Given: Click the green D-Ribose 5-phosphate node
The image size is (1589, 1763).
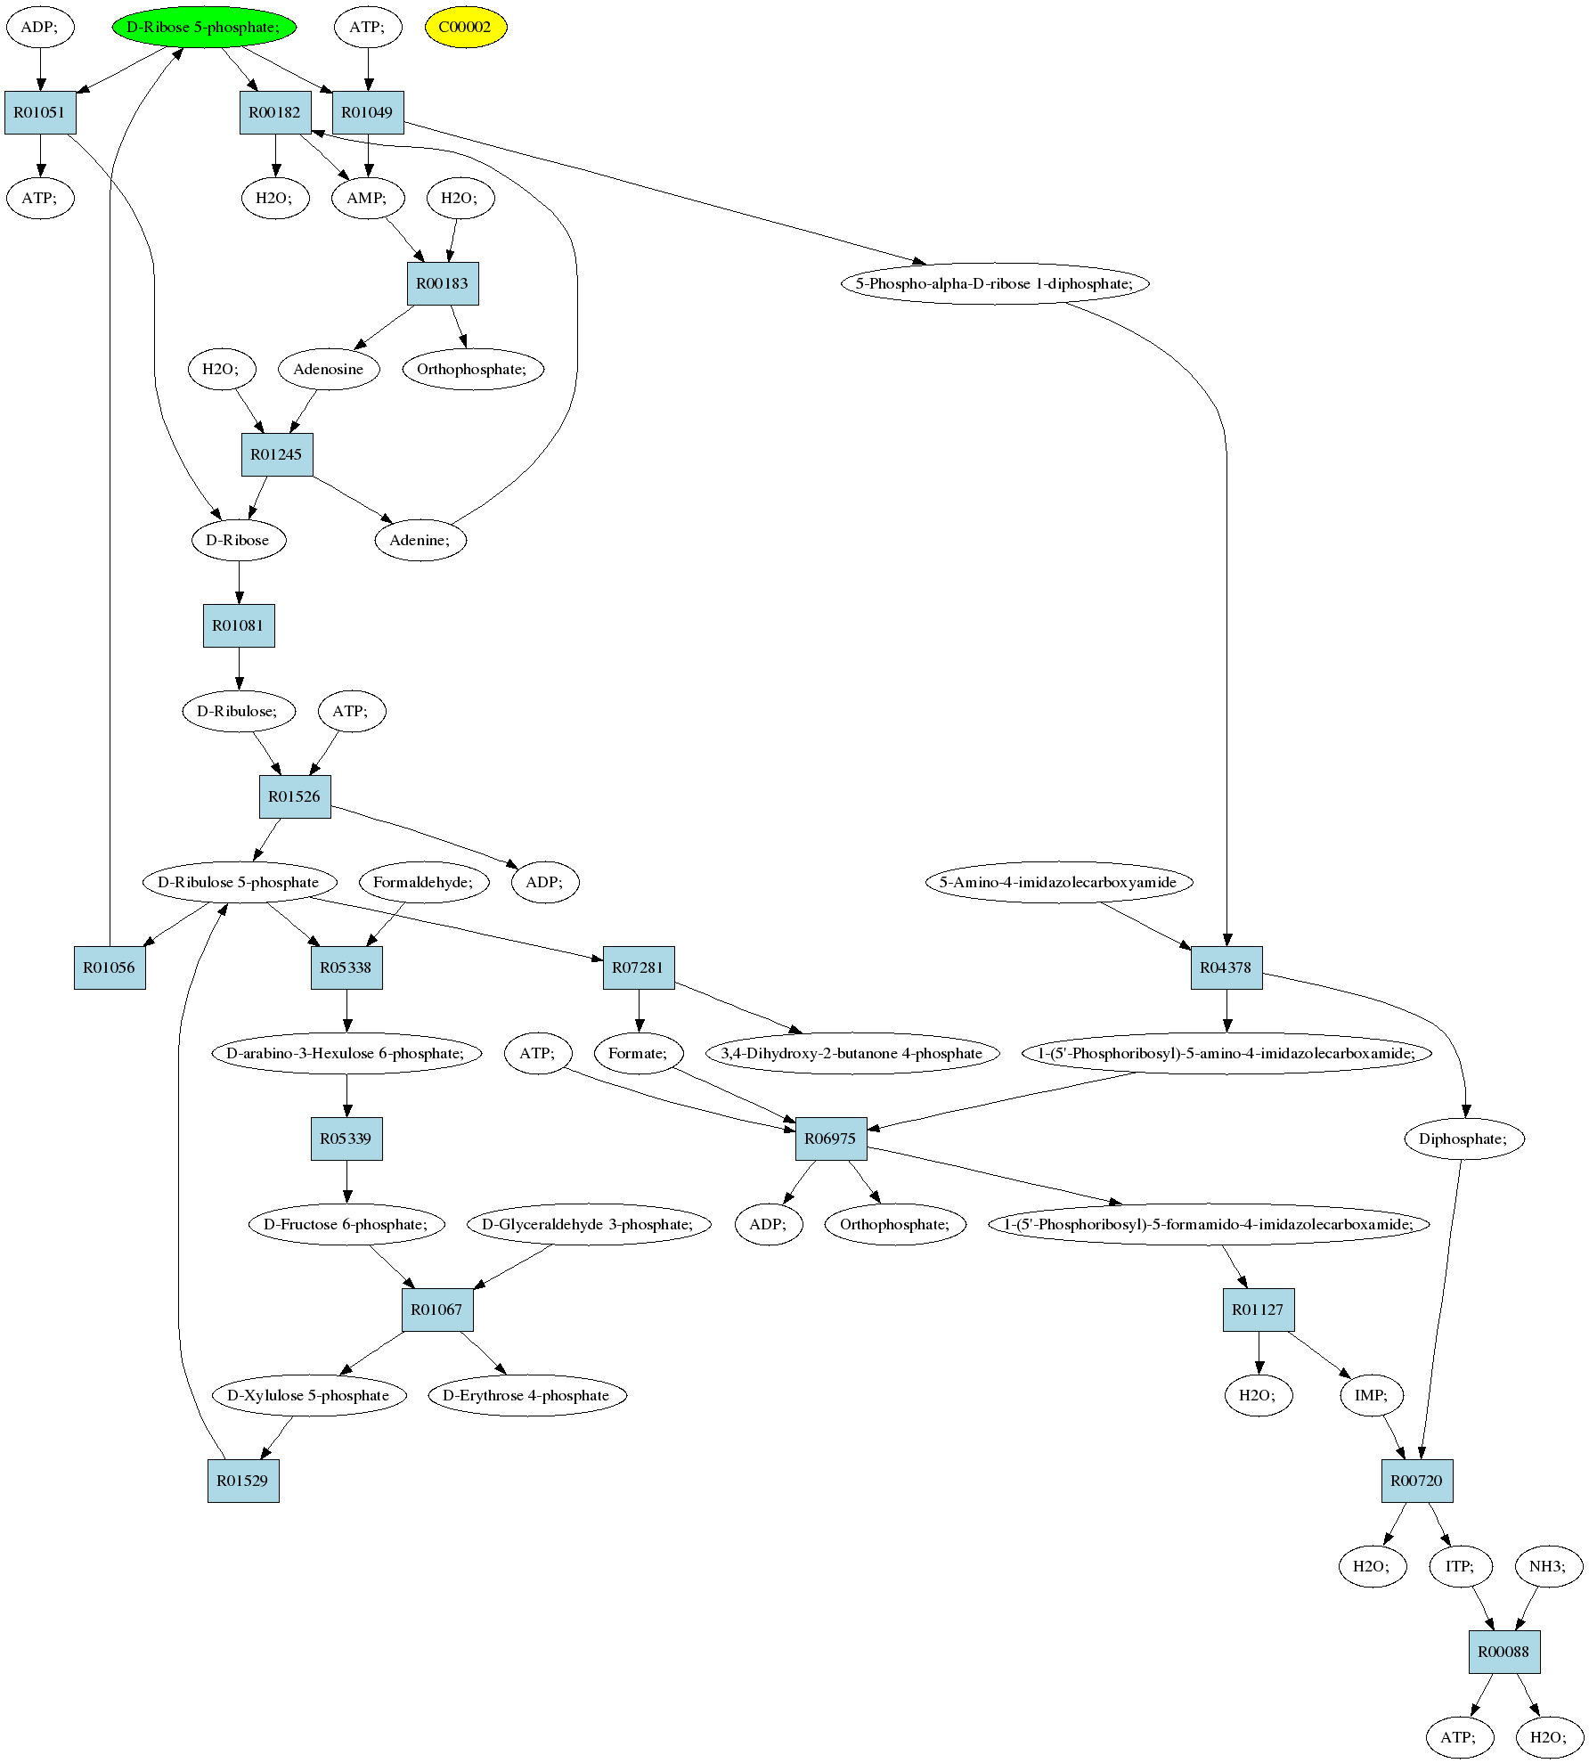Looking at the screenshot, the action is point(204,27).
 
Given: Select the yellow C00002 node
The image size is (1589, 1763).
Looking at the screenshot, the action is point(465,27).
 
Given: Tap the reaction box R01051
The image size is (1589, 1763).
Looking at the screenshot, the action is point(40,112).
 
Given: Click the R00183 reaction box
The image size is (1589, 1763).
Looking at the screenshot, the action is point(443,283).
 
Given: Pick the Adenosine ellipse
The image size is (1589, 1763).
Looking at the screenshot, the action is point(329,369).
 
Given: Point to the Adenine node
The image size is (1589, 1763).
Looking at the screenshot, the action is point(420,540).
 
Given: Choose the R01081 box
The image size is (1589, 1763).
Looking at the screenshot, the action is point(239,625).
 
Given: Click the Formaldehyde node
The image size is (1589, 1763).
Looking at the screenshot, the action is point(424,882).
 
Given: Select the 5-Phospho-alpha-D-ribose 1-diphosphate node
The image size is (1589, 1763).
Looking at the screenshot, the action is point(995,283).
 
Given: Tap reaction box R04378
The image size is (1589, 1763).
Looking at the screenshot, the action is point(1226,967).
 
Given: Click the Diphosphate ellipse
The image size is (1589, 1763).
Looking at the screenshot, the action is point(1464,1139).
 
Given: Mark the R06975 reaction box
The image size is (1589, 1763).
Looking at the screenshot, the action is point(831,1139).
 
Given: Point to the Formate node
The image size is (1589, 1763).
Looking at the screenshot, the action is point(639,1053).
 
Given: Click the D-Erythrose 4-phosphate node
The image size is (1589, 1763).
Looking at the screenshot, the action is point(526,1395).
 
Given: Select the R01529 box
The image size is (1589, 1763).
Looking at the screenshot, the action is point(243,1481).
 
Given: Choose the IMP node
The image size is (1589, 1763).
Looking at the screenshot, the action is point(1372,1395).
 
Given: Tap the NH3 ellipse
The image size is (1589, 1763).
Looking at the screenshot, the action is point(1549,1566).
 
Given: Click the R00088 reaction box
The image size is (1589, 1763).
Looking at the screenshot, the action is point(1504,1652).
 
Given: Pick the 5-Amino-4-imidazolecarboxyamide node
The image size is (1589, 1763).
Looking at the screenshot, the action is point(1058,882).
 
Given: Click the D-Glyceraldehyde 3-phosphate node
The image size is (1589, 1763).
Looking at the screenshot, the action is point(589,1224).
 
